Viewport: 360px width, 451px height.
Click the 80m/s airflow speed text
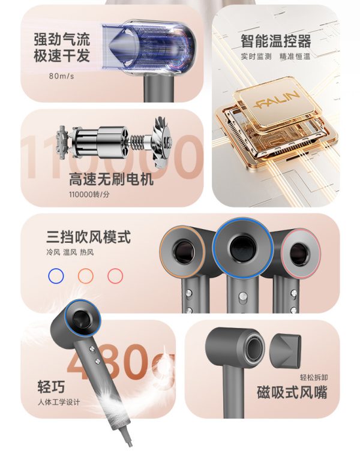62,76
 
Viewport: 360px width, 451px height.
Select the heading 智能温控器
275,41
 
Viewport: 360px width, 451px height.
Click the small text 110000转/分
89,194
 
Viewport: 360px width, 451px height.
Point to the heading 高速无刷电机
111,179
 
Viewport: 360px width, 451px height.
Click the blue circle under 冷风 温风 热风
56,276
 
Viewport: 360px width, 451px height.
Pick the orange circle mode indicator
86,276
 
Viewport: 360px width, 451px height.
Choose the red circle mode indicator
115,276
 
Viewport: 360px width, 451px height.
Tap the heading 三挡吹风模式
88,237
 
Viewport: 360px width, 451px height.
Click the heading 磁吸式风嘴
292,392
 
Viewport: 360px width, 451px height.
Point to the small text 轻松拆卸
314,377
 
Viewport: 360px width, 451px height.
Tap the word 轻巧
51,386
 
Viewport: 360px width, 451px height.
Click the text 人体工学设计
59,402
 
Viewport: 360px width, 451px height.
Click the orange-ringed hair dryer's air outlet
184,252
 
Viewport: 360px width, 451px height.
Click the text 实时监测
256,56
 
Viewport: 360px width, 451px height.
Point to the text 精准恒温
295,56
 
